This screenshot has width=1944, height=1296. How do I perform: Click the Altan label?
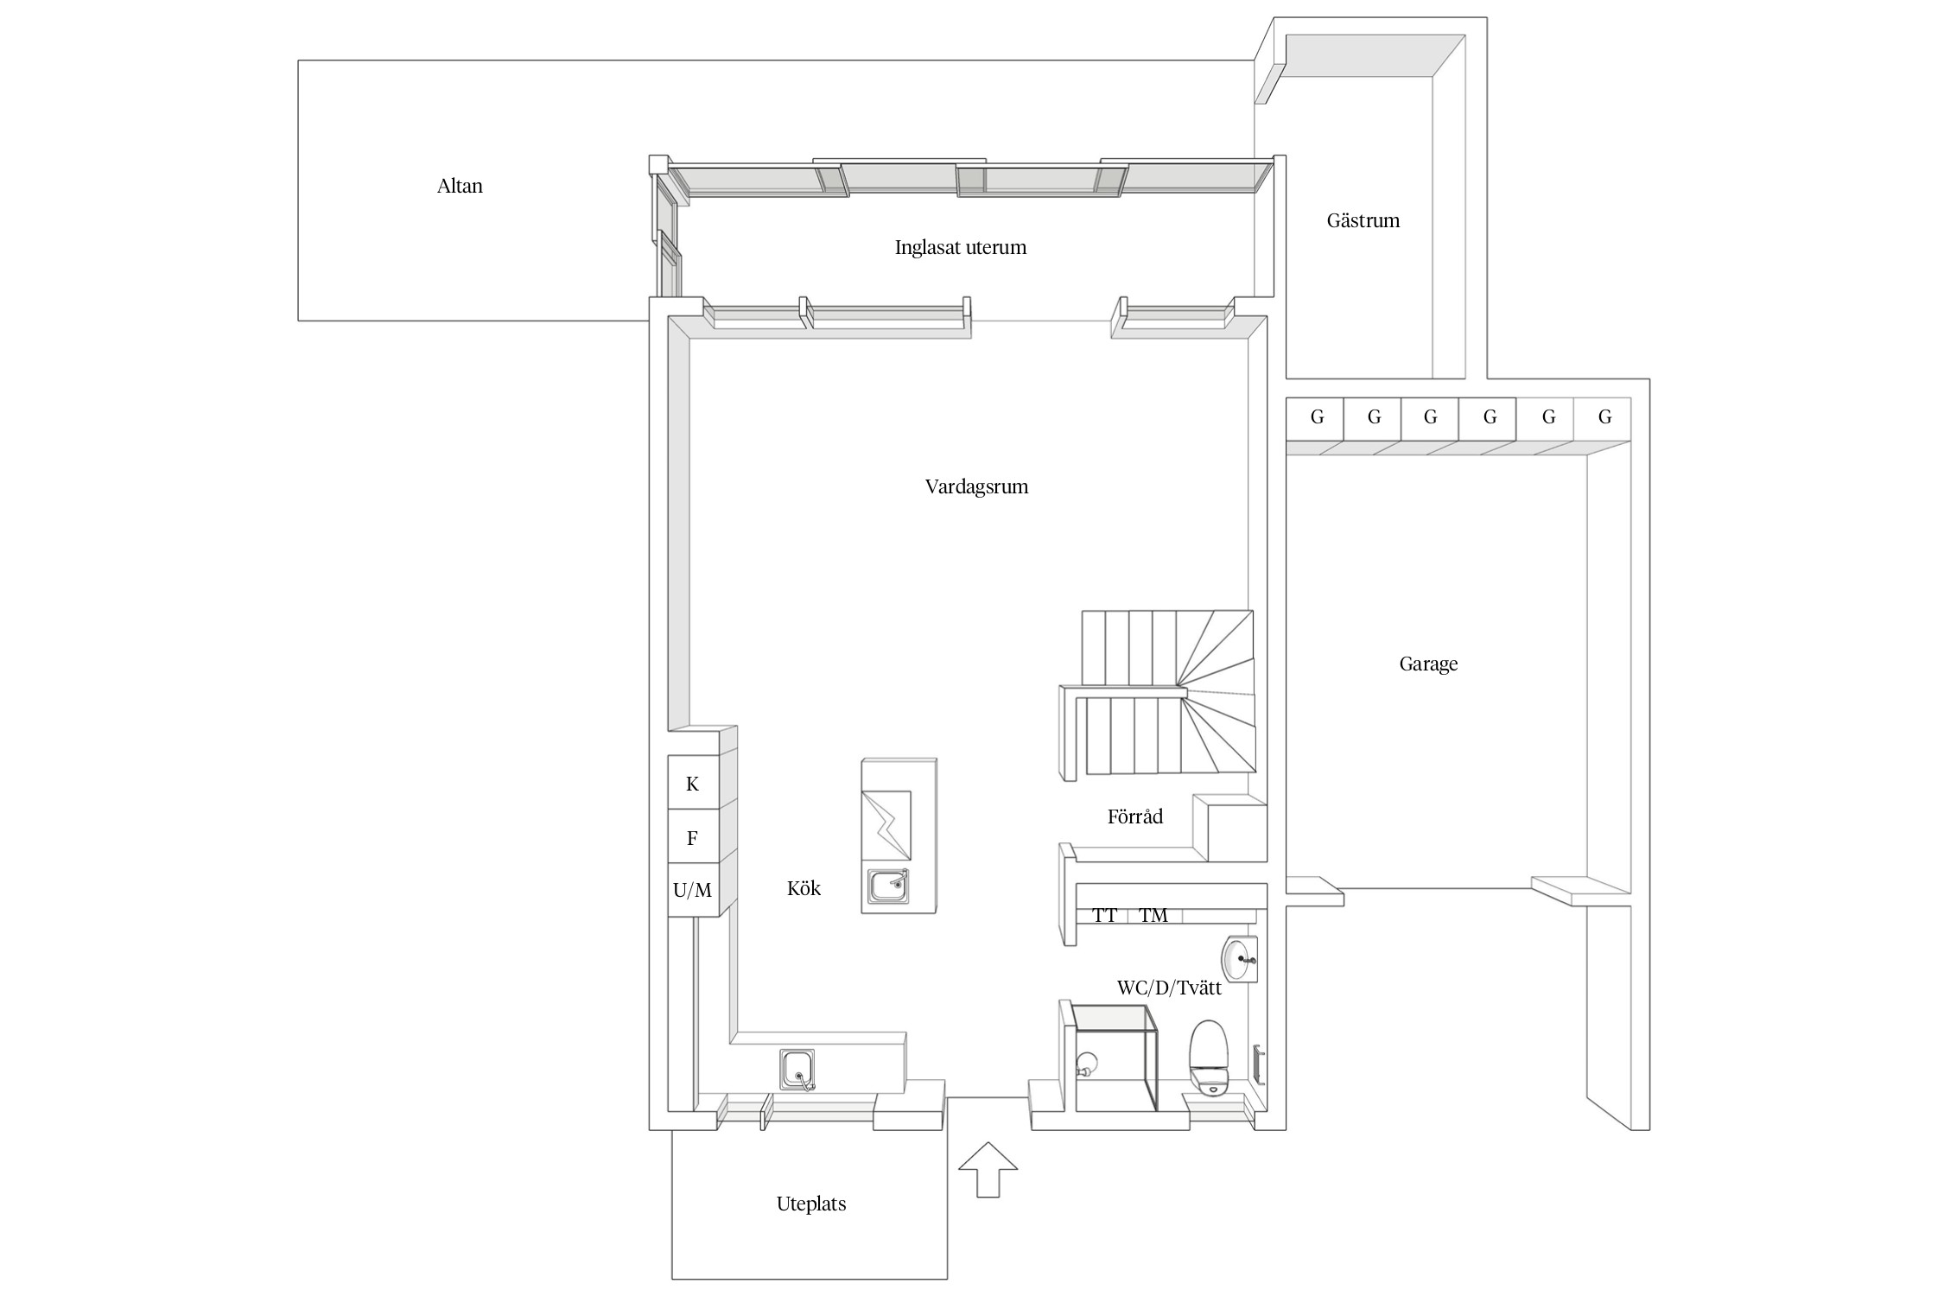pyautogui.click(x=460, y=186)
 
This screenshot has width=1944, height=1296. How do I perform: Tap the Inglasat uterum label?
pyautogui.click(x=961, y=248)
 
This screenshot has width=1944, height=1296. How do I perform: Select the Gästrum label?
pyautogui.click(x=1363, y=220)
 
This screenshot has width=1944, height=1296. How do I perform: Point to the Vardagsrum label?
pyautogui.click(x=977, y=486)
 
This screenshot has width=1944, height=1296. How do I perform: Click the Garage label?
pyautogui.click(x=1428, y=664)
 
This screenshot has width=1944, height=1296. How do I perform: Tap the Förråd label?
pyautogui.click(x=1135, y=816)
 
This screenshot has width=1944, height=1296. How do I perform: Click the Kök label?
pyautogui.click(x=804, y=888)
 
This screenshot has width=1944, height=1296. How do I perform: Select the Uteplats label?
pyautogui.click(x=811, y=1204)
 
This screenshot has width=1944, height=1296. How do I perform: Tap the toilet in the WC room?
pyautogui.click(x=1209, y=1058)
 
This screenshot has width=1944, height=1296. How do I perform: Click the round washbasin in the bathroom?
pyautogui.click(x=1239, y=959)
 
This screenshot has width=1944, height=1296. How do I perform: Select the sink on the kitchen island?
pyautogui.click(x=889, y=886)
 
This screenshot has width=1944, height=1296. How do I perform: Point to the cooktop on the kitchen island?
pyautogui.click(x=886, y=825)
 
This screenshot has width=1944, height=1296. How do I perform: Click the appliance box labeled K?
pyautogui.click(x=693, y=783)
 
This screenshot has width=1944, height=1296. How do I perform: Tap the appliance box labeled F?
pyautogui.click(x=693, y=836)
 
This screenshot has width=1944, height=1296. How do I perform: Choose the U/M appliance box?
pyautogui.click(x=693, y=890)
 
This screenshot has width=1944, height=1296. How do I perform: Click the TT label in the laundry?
pyautogui.click(x=1105, y=916)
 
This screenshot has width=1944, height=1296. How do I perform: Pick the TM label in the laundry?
pyautogui.click(x=1153, y=916)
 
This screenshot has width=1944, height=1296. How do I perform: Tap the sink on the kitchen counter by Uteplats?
pyautogui.click(x=797, y=1070)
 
